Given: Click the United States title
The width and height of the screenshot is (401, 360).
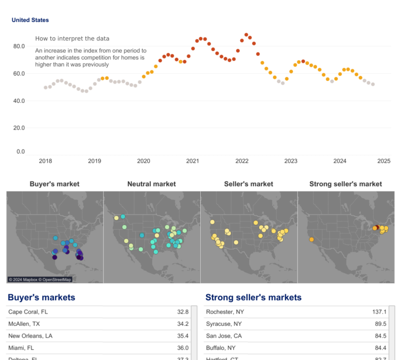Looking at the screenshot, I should tap(30, 20).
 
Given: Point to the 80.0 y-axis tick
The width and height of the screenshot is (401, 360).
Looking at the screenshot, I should tap(19, 46).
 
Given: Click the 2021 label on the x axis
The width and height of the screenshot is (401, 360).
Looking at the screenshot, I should tap(193, 161).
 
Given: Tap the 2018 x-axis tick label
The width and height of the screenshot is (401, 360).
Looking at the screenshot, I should tap(45, 161).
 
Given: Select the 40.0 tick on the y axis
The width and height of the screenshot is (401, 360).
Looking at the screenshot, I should tap(19, 101).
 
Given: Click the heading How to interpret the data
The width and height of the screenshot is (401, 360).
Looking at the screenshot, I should tap(72, 38).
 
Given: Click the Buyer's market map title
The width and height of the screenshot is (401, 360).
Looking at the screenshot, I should tap(54, 184).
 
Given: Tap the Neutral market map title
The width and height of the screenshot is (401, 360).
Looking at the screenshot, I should tap(152, 184).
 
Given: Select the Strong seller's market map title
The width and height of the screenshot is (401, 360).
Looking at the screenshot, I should tap(345, 184).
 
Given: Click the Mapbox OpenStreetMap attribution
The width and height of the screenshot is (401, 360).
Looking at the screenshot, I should tap(40, 279).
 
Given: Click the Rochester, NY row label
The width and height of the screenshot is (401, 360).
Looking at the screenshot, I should tap(225, 311).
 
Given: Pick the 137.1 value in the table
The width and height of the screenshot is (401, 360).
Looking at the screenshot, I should tap(379, 311).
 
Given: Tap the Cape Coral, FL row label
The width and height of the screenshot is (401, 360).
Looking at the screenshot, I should tap(28, 311).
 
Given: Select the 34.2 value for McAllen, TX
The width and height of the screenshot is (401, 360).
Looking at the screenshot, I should tap(183, 324).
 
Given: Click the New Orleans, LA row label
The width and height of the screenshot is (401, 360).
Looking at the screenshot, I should tap(31, 336).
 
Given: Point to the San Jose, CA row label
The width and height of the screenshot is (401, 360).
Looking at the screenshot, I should tap(223, 336).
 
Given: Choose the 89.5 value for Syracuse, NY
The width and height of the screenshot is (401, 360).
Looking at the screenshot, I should tap(380, 324).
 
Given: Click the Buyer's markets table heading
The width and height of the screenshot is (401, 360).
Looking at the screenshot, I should tap(41, 298).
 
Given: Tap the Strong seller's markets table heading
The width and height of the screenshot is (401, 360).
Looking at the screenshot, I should tap(253, 298).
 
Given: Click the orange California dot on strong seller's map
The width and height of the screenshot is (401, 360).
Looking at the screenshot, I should tap(311, 239).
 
